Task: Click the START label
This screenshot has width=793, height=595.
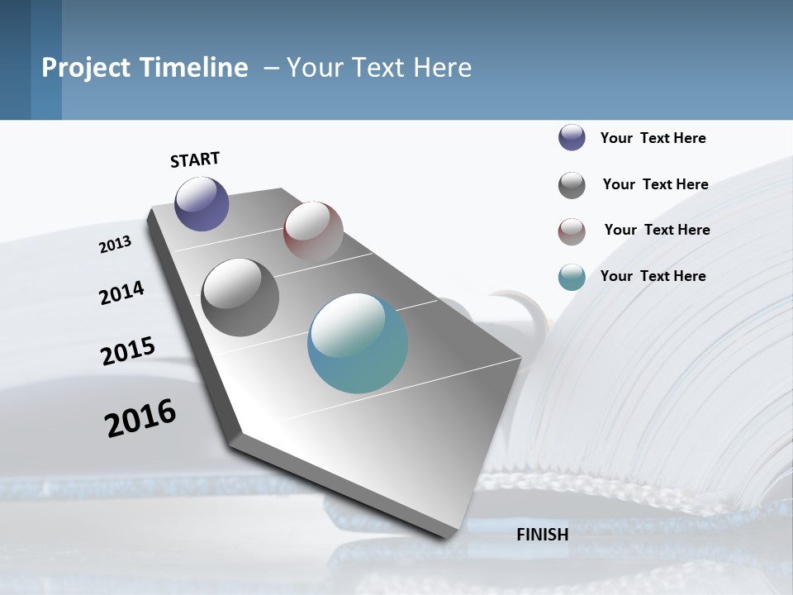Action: tap(195, 159)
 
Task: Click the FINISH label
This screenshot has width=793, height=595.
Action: tap(543, 535)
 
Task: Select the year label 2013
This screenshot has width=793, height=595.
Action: tap(115, 244)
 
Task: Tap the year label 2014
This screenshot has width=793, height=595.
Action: tap(121, 293)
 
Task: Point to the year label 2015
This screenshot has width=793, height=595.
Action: tap(128, 350)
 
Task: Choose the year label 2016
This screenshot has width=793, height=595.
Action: tap(140, 418)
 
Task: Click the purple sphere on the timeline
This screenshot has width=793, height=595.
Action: tap(202, 203)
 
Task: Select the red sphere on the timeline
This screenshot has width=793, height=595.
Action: tap(313, 231)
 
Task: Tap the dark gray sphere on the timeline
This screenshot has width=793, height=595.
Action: tap(240, 297)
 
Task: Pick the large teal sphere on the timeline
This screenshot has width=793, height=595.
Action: tap(358, 343)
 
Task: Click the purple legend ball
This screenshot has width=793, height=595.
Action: tap(572, 137)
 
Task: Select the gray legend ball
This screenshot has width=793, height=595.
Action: tap(572, 185)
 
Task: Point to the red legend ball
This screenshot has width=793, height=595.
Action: tap(572, 231)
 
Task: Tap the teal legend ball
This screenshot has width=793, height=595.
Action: tap(572, 277)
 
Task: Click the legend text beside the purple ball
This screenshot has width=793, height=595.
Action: tap(653, 138)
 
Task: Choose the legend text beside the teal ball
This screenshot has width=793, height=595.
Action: tap(653, 276)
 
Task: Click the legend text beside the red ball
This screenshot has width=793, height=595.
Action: tap(657, 230)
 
